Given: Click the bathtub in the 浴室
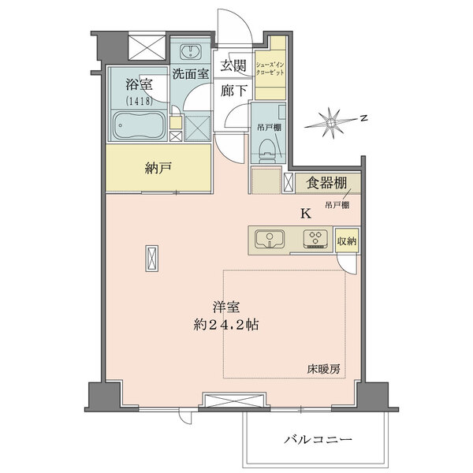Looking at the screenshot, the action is (x=140, y=125).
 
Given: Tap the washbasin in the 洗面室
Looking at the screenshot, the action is (x=191, y=52).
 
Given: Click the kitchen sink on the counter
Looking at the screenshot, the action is (x=270, y=239).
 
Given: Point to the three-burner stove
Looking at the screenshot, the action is (x=315, y=239).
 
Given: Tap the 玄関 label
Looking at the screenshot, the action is (x=233, y=65).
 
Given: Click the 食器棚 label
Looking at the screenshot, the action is (x=326, y=183).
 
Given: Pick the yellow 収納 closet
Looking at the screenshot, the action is (x=347, y=240).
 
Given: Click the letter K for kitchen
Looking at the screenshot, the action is (x=306, y=214).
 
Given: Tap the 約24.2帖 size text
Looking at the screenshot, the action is (x=226, y=325).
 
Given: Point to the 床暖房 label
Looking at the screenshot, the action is (x=324, y=369).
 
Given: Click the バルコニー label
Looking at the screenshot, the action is (x=318, y=439).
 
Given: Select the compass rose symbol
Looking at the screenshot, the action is (x=331, y=123).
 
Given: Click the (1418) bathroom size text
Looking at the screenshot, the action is (x=139, y=101).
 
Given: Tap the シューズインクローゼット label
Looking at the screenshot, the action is (x=270, y=69).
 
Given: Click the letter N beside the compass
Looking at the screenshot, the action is (x=365, y=118).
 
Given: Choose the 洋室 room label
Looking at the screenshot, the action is (x=226, y=307).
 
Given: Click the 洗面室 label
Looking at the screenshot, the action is (x=191, y=74).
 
